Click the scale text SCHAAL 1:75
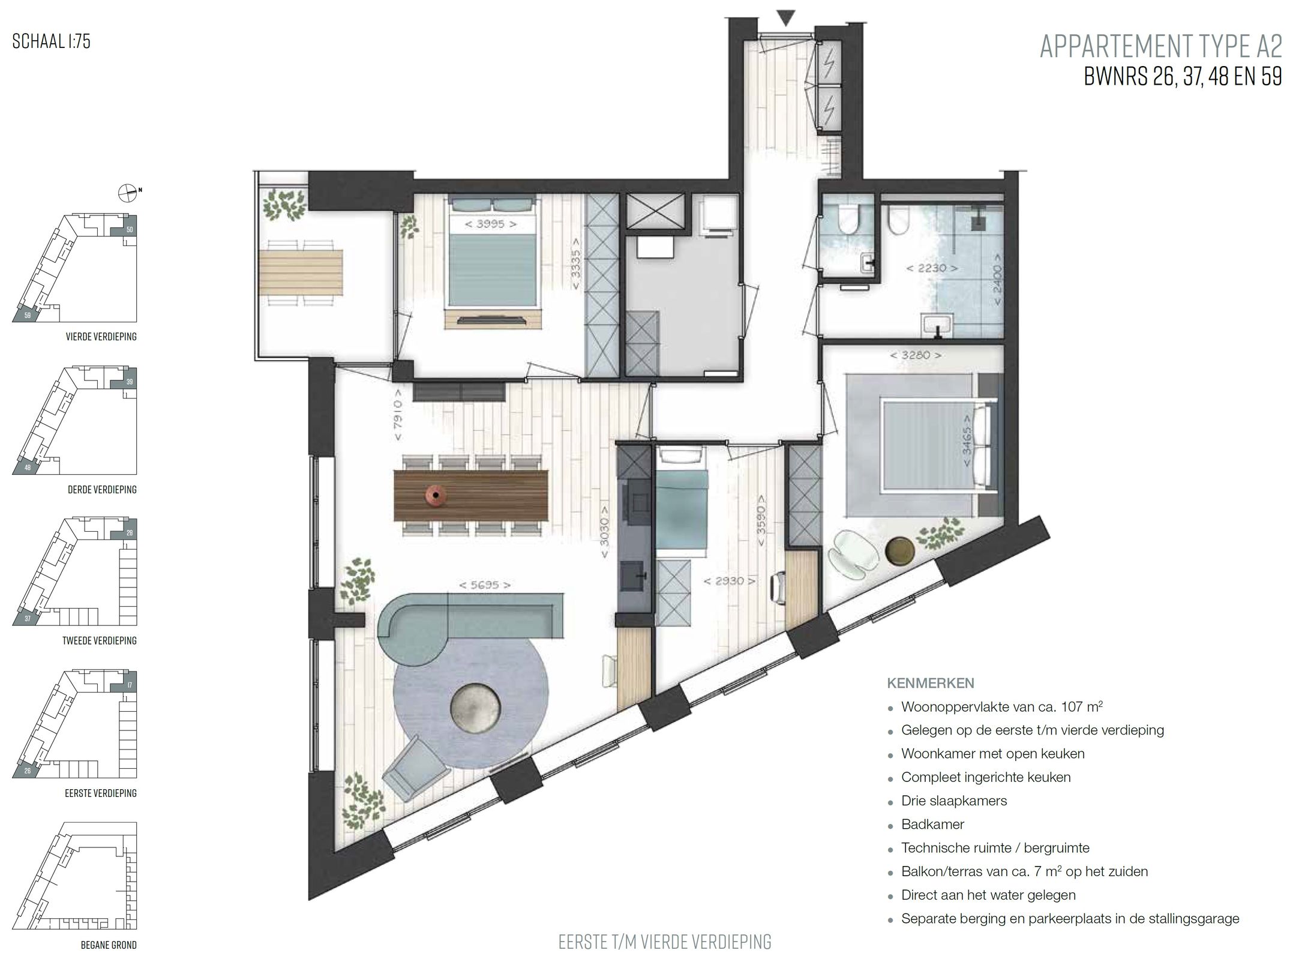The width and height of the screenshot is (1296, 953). [x=51, y=41]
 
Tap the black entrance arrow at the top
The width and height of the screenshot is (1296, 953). [x=785, y=18]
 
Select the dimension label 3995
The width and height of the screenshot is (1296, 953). [x=491, y=224]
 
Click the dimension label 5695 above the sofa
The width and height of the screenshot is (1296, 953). [x=485, y=585]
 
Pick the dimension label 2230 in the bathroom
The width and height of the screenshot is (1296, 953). [x=931, y=268]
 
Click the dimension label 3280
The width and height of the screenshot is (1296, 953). [x=915, y=355]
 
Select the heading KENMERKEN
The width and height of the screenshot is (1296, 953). [x=930, y=683]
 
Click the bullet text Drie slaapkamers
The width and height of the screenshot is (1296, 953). [x=953, y=801]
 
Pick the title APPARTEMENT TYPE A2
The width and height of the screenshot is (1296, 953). [x=1160, y=47]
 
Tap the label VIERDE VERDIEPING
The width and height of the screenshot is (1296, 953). [x=101, y=337]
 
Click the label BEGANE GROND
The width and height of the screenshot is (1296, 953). [x=109, y=945]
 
